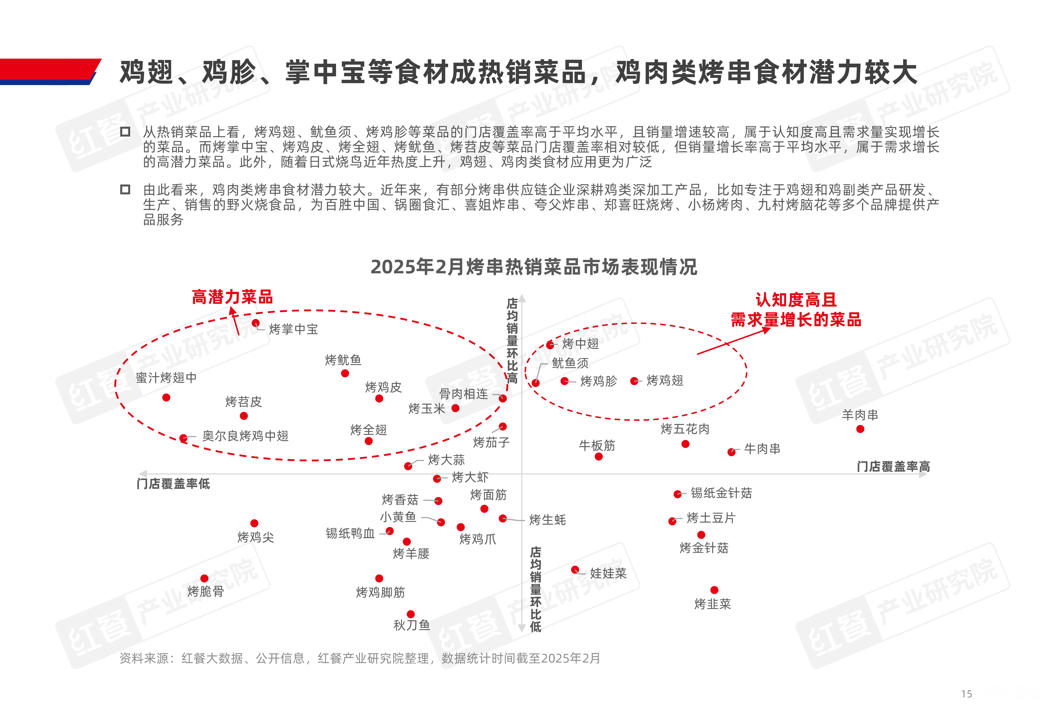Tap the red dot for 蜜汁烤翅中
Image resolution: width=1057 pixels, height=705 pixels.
point(166,397)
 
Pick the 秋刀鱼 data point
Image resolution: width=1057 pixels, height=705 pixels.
point(411,614)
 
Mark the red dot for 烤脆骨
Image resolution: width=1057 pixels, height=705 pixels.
point(204,578)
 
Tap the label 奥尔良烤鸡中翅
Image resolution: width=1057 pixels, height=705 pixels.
point(245,436)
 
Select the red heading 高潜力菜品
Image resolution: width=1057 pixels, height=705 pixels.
point(232,297)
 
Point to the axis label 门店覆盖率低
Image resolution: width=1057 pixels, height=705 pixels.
point(173,484)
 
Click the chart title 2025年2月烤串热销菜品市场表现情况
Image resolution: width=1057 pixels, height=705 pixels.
point(534,267)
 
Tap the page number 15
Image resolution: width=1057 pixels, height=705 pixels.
point(967,694)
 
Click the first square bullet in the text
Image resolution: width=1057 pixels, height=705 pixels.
point(125,132)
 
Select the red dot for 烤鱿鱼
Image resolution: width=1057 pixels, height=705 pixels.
point(345,373)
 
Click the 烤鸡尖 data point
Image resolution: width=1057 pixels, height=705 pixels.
point(254,523)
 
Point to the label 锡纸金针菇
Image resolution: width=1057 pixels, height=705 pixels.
point(721,493)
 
